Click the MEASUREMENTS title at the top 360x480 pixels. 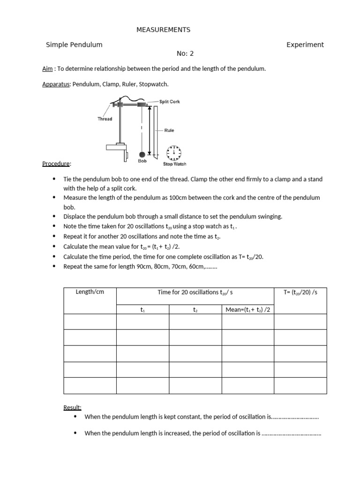pyautogui.click(x=163, y=30)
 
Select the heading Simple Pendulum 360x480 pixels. pyautogui.click(x=74, y=45)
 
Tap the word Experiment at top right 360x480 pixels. pyautogui.click(x=305, y=45)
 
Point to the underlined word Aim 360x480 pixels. pyautogui.click(x=47, y=68)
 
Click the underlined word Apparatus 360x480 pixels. pyautogui.click(x=56, y=84)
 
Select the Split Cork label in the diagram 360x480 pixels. pyautogui.click(x=169, y=102)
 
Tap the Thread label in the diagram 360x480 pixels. pyautogui.click(x=105, y=119)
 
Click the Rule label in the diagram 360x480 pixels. pyautogui.click(x=169, y=130)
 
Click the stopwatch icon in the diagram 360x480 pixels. pyautogui.click(x=174, y=152)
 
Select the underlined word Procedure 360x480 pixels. pyautogui.click(x=56, y=164)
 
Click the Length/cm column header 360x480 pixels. pyautogui.click(x=90, y=292)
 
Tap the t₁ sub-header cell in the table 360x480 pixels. pyautogui.click(x=142, y=310)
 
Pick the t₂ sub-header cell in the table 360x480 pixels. pyautogui.click(x=195, y=310)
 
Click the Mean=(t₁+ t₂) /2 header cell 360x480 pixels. pyautogui.click(x=247, y=309)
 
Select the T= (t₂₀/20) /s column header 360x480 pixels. pyautogui.click(x=300, y=292)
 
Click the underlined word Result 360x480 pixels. pyautogui.click(x=72, y=407)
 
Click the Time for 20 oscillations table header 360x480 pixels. pyautogui.click(x=195, y=292)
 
